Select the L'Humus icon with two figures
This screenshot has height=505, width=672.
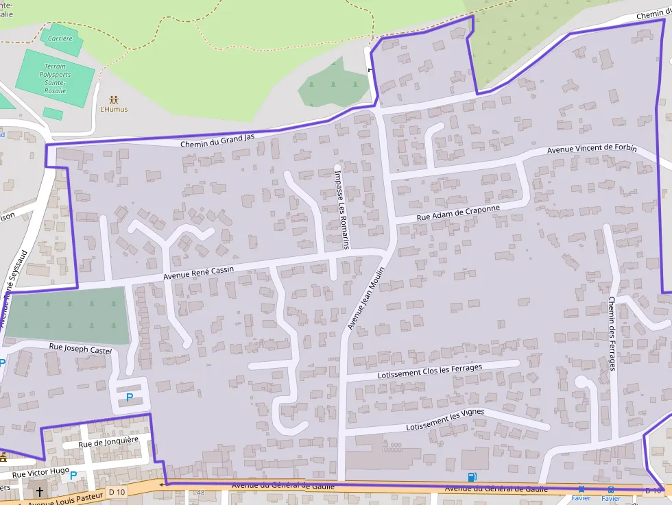(113, 100)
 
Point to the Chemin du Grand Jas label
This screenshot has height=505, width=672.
(217, 140)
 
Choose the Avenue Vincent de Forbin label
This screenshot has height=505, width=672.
(592, 149)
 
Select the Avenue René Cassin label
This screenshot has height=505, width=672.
(198, 272)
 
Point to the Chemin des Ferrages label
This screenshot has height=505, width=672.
(612, 333)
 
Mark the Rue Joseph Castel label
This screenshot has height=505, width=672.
(80, 349)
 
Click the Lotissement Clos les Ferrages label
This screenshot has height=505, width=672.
(430, 371)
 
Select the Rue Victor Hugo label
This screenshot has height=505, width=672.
(41, 472)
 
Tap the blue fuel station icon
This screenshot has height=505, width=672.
(472, 477)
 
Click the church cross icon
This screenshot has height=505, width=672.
(40, 492)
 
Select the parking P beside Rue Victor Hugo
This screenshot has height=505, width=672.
(73, 475)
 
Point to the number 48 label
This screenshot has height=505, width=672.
(200, 493)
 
